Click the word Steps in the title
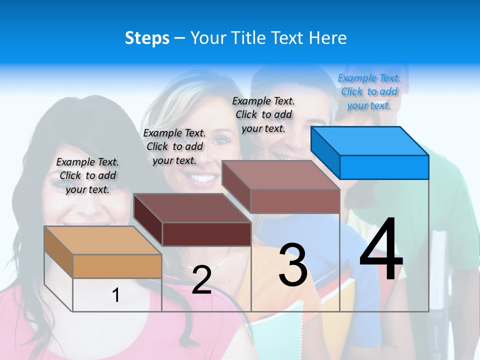click(147, 38)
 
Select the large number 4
click(381, 250)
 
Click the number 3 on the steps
click(293, 265)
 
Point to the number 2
click(201, 280)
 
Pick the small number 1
click(116, 295)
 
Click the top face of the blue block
click(369, 141)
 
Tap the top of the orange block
click(102, 240)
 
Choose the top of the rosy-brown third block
click(280, 175)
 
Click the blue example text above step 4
click(369, 91)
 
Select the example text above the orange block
click(87, 175)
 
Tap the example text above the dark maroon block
click(174, 146)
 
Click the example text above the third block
click(263, 114)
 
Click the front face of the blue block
click(384, 167)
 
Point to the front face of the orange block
click(117, 266)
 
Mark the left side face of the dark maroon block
click(148, 220)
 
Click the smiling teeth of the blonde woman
click(202, 178)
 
